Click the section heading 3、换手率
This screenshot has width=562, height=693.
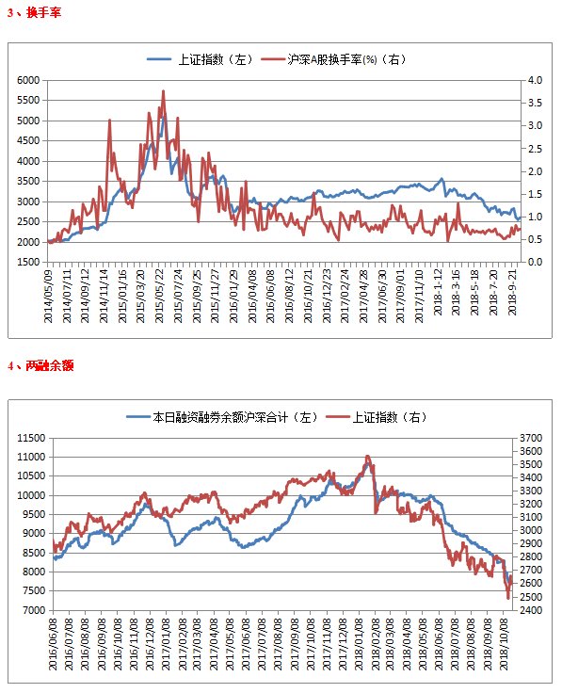coord(34,13)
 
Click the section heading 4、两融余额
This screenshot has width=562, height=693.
coord(40,365)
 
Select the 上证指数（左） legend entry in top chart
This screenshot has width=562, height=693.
coord(201,59)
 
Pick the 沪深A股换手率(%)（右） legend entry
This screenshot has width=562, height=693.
coord(333,59)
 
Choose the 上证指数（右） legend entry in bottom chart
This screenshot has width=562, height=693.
coord(377,417)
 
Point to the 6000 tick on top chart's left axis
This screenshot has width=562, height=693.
coord(28,80)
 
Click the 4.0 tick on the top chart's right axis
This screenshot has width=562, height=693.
coord(535,80)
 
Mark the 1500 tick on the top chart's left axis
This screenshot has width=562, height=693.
coord(28,262)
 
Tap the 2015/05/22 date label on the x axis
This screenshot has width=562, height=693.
coord(159,296)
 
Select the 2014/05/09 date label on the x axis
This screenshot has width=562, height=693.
coord(48,296)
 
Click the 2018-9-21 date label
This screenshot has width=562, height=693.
coord(512,292)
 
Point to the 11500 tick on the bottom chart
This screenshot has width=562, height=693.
coord(31,438)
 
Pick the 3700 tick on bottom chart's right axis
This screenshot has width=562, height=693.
coord(531,438)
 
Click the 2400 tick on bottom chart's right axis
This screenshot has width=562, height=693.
coord(531,610)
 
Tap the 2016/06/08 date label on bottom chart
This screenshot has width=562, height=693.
coord(53,644)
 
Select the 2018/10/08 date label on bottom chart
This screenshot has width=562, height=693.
coord(504,644)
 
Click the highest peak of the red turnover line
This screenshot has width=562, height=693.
coord(164,91)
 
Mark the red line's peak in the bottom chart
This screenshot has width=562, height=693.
coord(367,456)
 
